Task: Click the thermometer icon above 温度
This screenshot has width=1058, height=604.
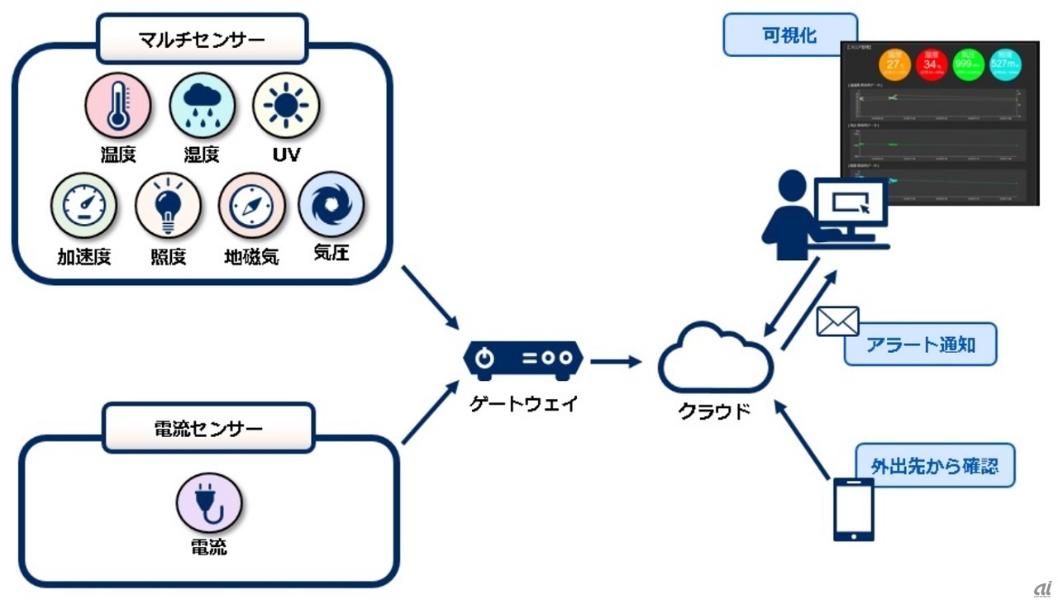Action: coord(118,106)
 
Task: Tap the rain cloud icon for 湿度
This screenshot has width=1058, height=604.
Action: coord(202,106)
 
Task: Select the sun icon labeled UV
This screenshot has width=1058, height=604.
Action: coord(286,106)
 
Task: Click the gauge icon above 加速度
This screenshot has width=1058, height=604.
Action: coord(83,206)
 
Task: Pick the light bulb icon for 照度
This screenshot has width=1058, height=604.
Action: coord(168,206)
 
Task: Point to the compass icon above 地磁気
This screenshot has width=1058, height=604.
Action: coord(251,206)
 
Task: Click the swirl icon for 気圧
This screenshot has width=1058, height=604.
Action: coord(331,204)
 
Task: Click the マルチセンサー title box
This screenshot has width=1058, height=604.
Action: coord(202,38)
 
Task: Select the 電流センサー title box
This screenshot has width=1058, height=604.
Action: coord(208,428)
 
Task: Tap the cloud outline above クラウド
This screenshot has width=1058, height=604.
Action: coord(716,359)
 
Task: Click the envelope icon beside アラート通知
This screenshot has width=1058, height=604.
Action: coord(837,321)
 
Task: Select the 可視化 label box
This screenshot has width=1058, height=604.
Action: coord(789,36)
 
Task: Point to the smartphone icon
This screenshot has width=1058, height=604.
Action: coord(854,509)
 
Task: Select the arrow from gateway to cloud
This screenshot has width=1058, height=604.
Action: coord(616,361)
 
